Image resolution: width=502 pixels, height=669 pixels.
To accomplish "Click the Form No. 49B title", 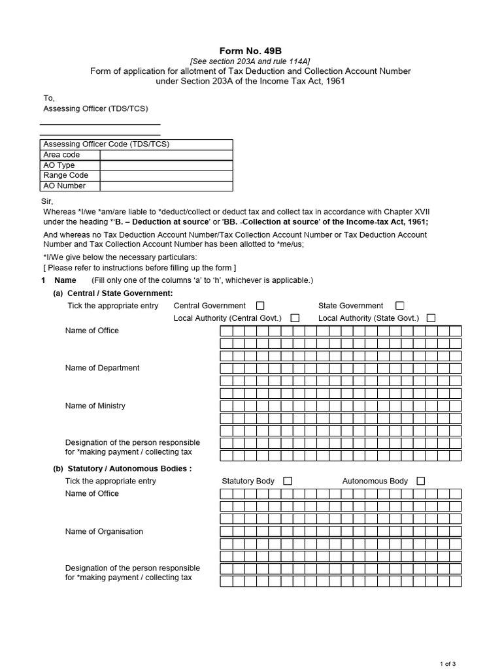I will tap(250, 51).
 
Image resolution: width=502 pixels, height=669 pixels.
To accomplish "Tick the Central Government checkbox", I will tap(260, 306).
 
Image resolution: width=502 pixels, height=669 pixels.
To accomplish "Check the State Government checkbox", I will tap(400, 306).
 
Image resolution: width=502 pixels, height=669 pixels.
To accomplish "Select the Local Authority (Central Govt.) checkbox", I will tap(295, 318).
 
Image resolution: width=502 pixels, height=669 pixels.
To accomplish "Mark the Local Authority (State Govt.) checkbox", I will tap(431, 318).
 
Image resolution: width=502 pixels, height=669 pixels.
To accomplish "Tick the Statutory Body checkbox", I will tap(288, 481).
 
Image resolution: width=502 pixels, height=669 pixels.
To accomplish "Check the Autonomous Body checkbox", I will tap(420, 481).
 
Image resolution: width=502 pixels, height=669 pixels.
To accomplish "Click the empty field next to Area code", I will tap(166, 155).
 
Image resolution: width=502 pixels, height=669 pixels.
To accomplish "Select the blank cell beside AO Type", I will tap(166, 165).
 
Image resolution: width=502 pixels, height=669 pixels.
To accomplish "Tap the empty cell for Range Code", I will tap(166, 176).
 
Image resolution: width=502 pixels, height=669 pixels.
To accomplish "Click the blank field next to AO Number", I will tap(166, 186).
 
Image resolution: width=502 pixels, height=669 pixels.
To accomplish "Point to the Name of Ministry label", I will tap(95, 406).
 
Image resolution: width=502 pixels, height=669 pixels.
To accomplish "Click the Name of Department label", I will tap(102, 368).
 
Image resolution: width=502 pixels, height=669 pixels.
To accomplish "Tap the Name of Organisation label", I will tap(104, 531).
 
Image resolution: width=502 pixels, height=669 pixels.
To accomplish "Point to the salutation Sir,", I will tap(48, 201).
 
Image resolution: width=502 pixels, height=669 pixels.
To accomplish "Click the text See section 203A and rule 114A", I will tap(250, 61).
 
